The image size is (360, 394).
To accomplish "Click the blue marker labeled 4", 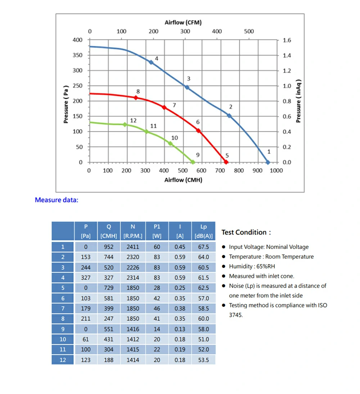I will [151, 62].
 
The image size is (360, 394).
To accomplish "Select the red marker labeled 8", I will [136, 97].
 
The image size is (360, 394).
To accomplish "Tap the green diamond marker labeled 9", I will [193, 162].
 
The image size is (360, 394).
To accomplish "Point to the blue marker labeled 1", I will [267, 162].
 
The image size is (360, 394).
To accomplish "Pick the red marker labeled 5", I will [226, 162].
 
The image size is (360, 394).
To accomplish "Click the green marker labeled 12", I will [125, 124].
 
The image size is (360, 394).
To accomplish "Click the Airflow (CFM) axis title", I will [183, 22].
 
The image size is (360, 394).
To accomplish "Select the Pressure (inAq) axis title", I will [298, 101].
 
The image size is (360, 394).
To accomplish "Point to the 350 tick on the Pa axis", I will [78, 55].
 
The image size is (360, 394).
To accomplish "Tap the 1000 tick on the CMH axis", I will [276, 170].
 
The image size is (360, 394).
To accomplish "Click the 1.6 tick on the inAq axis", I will [287, 40].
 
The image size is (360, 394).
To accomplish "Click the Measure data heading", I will [57, 200].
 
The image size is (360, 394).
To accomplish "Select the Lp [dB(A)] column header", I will [203, 231].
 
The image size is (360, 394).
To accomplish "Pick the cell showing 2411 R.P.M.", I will [133, 247].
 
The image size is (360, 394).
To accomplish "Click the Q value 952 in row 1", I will [108, 247].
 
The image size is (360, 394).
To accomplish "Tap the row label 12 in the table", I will [63, 360].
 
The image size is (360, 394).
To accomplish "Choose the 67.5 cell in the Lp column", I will [203, 247].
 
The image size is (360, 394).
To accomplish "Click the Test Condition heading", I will [246, 232].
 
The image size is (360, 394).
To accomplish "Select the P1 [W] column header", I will [157, 231].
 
